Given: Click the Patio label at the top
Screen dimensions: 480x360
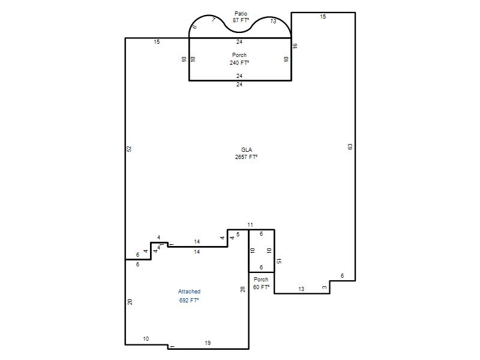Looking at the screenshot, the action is point(241,13).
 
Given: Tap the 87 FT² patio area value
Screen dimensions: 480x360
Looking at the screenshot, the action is point(241,20).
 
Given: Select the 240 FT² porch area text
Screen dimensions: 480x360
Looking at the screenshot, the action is point(239,63).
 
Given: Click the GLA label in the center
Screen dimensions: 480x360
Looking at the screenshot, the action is point(247,149).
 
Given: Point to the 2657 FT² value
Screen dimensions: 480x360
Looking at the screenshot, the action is point(246,157).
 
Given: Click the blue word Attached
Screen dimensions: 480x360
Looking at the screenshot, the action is point(189,292).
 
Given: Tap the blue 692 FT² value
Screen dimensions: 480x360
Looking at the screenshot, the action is point(189,301).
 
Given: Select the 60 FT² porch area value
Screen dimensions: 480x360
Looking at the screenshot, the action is point(261,287).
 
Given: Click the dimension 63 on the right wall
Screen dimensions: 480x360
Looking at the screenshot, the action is point(350,146).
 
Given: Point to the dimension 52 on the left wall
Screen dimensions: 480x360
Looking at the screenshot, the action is point(129,149).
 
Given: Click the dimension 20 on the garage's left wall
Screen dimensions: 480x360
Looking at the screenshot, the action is point(130,302).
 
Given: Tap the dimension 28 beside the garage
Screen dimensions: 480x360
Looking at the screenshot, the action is point(243,289).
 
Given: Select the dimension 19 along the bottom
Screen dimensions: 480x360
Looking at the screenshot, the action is point(208,343).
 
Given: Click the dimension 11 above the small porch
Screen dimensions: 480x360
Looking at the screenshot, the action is point(250,224).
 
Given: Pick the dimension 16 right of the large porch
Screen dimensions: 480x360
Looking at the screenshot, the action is point(295,46).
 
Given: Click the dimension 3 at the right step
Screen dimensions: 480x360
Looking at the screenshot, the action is point(325,287).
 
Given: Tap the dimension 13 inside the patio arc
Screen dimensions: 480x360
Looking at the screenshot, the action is point(273,21).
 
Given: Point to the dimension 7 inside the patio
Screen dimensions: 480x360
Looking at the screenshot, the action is point(214,20).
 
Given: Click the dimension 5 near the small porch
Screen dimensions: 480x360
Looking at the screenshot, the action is point(238,235).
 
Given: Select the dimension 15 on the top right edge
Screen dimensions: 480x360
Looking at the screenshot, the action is point(323,17).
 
